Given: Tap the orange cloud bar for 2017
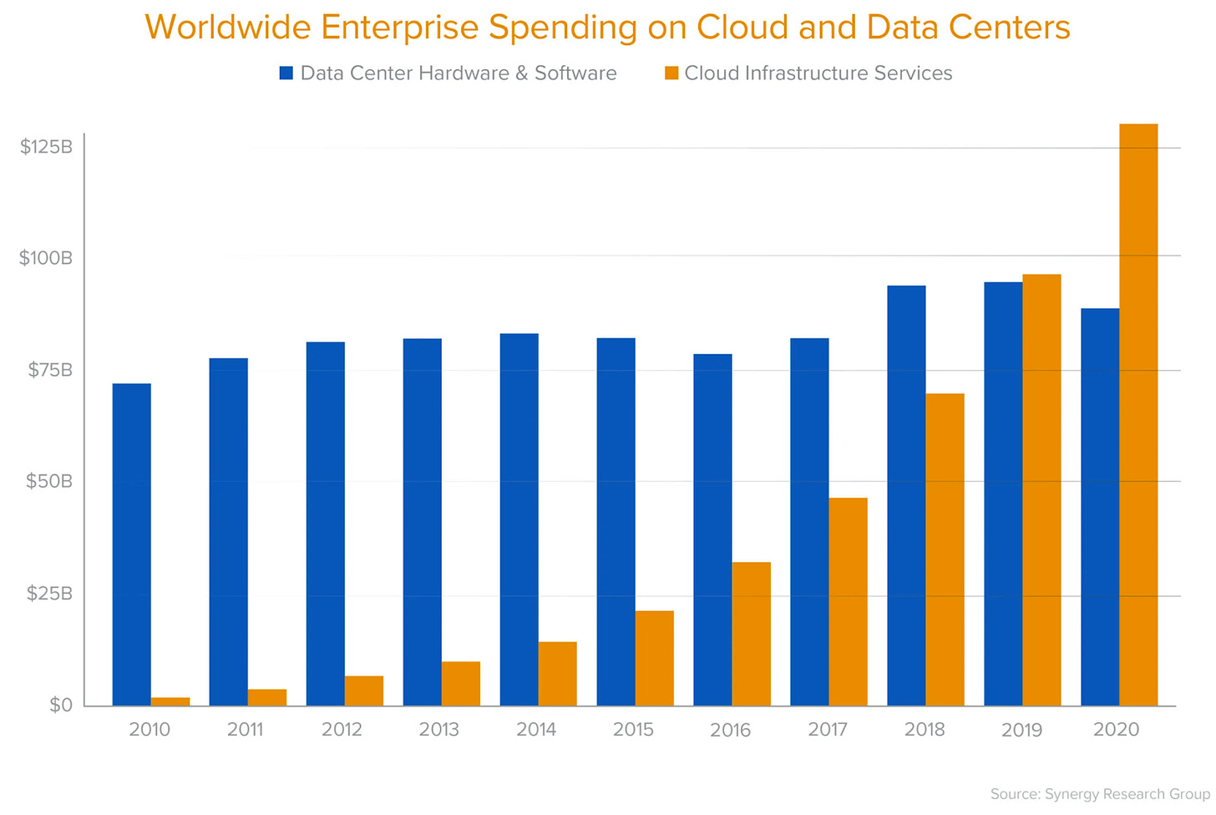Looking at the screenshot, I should tap(848, 601).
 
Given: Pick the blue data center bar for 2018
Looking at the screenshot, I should tap(906, 496).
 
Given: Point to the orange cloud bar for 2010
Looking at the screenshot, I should tap(170, 701).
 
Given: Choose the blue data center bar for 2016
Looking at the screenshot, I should tap(712, 529).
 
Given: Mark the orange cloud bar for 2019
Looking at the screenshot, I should tap(1041, 489).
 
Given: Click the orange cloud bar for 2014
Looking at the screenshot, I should tap(557, 673).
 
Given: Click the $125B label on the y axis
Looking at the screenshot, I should tap(47, 148).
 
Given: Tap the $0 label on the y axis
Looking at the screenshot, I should tap(61, 706).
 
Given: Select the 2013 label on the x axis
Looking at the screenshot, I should tap(439, 730).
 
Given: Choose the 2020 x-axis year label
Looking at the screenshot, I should tap(1117, 730).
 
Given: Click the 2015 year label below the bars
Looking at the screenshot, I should tap(633, 730).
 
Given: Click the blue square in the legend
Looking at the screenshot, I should tap(286, 73).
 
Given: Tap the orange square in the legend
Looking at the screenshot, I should tap(671, 73).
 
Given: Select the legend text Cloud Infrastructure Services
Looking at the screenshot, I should tap(818, 73).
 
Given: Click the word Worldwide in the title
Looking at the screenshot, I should tap(228, 28).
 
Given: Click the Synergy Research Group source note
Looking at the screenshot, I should tap(1099, 794).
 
